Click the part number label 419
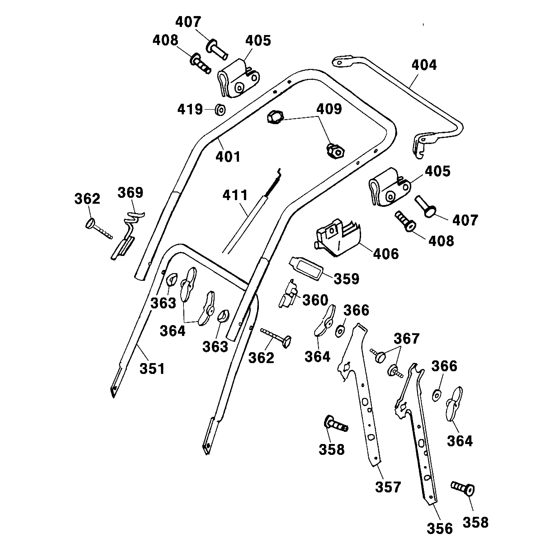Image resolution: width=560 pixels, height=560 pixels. tap(190, 110)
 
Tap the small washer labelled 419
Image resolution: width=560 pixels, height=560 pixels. tap(220, 110)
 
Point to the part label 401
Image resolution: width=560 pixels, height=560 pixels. tap(228, 157)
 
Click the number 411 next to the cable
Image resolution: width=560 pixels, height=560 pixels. tap(235, 195)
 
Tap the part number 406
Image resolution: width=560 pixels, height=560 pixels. tap(386, 254)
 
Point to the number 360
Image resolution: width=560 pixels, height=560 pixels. tap(315, 300)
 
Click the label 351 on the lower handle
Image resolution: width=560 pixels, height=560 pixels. tap(152, 369)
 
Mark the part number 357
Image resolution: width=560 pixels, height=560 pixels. tap(388, 487)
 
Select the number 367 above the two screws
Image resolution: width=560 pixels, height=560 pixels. tap(407, 338)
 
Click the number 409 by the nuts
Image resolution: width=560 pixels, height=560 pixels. tap(329, 109)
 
